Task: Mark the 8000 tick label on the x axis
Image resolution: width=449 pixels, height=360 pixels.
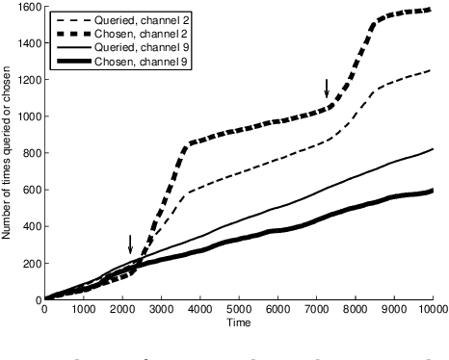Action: (x=356, y=309)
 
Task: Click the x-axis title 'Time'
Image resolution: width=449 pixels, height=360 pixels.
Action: (x=239, y=322)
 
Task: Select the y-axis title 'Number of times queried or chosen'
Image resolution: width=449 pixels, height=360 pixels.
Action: (x=8, y=154)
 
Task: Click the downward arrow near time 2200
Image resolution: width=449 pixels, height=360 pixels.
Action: (x=130, y=244)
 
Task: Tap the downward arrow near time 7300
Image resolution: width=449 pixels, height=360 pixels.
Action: (x=328, y=89)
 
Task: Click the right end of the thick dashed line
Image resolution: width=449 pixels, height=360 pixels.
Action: (x=433, y=10)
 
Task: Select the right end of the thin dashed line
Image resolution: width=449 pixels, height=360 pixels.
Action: (x=433, y=70)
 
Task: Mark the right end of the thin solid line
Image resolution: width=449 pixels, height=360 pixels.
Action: (x=433, y=149)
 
